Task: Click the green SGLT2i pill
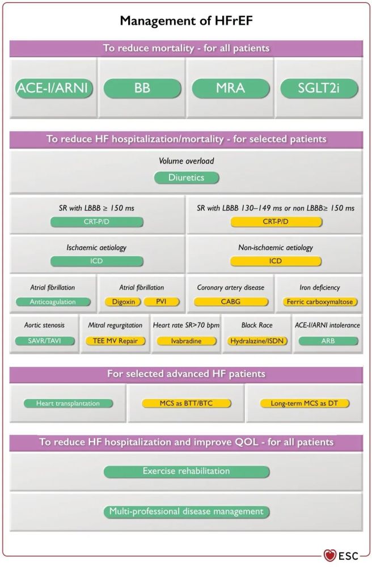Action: pos(319,88)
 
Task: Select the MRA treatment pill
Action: pos(231,88)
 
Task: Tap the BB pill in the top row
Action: pos(142,88)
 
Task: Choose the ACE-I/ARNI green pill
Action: pos(53,88)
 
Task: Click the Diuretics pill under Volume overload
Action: pos(187,177)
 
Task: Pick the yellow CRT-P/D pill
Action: pos(276,222)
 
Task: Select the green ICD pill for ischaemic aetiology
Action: pos(96,261)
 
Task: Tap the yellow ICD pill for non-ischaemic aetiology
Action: pos(276,261)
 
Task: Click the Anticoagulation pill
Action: pos(53,302)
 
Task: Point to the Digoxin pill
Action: pos(123,302)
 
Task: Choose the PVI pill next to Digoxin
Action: pos(161,302)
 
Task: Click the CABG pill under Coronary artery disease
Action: pos(231,302)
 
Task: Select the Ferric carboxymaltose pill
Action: pos(320,302)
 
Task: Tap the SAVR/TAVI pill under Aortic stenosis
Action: pos(44,341)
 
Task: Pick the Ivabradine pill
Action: pos(187,341)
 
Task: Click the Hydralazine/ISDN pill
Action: pos(257,341)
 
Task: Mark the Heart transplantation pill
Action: pos(68,404)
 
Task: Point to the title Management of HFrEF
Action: pos(186,20)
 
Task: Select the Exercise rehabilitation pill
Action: pos(187,471)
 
